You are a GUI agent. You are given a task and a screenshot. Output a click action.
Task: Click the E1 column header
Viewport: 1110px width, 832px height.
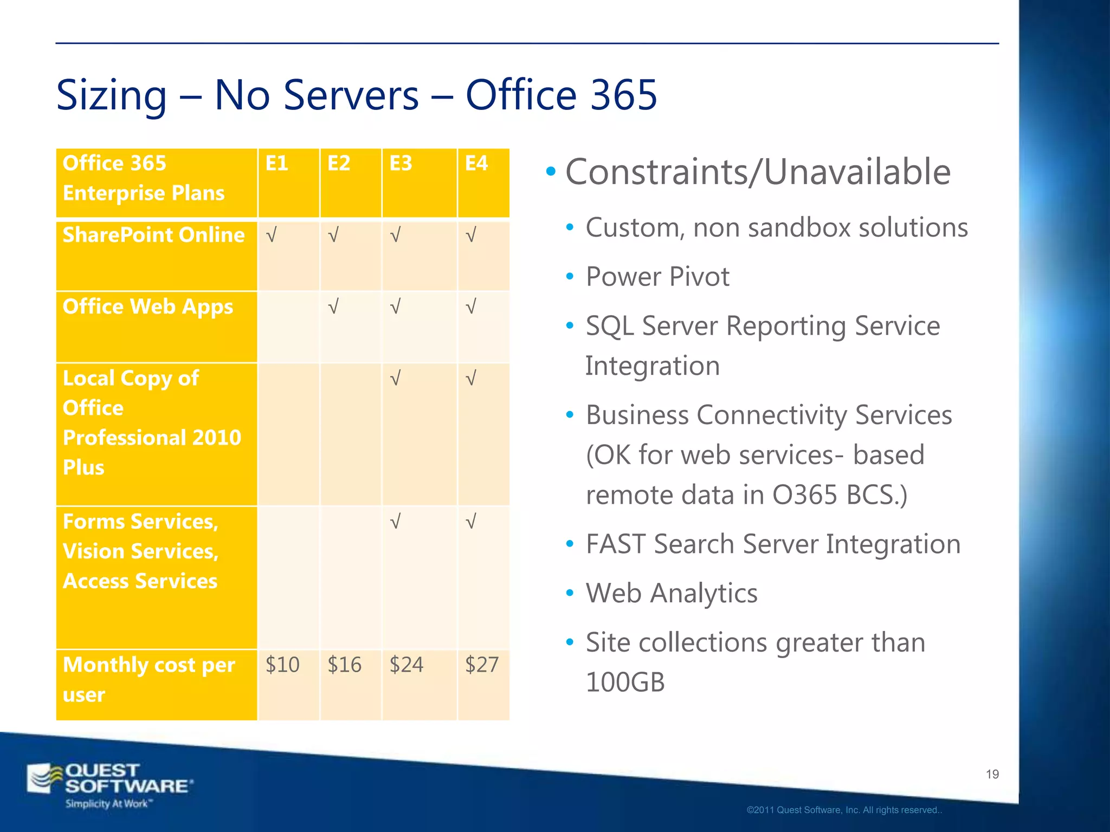tap(276, 164)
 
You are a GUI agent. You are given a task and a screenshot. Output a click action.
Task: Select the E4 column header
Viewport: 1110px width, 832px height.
tap(476, 164)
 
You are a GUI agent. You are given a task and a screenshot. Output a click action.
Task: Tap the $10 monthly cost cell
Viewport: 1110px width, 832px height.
tap(282, 665)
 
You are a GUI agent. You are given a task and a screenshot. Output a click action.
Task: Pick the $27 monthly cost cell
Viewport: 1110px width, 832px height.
tap(482, 665)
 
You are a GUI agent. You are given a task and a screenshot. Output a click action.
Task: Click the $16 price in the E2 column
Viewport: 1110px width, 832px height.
tap(344, 665)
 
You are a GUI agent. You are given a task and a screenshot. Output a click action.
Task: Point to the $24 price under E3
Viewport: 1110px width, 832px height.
tap(406, 665)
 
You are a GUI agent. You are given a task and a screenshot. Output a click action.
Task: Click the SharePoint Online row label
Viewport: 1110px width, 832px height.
tap(153, 235)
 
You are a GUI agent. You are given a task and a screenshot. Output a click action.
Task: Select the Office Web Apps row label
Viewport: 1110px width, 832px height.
tap(147, 307)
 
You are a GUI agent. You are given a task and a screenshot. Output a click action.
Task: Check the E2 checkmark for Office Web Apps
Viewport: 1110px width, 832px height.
tap(333, 307)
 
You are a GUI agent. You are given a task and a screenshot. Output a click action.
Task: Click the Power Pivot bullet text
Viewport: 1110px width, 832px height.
tap(657, 277)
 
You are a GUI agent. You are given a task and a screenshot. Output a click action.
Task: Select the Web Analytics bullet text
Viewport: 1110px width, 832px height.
tap(672, 593)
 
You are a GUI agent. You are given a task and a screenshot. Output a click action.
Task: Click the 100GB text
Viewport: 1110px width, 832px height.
tap(625, 682)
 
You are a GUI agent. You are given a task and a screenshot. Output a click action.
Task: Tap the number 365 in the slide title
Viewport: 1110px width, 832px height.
tap(623, 95)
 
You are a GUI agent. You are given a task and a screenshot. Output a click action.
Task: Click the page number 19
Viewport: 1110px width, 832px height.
tap(992, 775)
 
